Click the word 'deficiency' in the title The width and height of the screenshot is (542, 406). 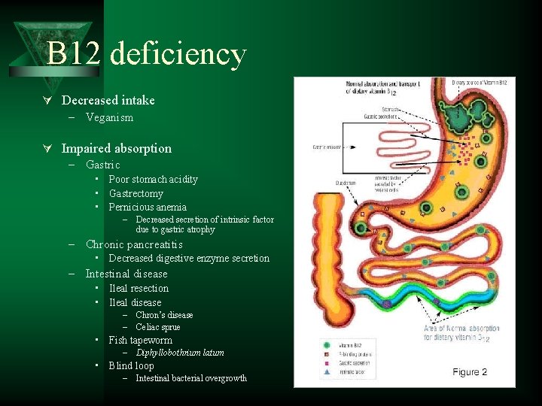pyautogui.click(x=178, y=54)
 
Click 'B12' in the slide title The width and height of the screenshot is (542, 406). pyautogui.click(x=73, y=54)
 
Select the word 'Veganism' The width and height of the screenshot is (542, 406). pyautogui.click(x=109, y=117)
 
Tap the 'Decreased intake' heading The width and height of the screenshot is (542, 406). pyautogui.click(x=108, y=100)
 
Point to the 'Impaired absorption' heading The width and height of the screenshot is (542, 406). pyautogui.click(x=116, y=148)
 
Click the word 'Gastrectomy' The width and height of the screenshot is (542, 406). pyautogui.click(x=135, y=193)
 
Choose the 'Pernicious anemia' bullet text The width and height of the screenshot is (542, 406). pyautogui.click(x=148, y=207)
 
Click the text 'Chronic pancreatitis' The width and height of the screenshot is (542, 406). pyautogui.click(x=134, y=244)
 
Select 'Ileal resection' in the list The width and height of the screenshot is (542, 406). pyautogui.click(x=139, y=288)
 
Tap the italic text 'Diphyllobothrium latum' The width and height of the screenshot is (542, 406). pyautogui.click(x=180, y=353)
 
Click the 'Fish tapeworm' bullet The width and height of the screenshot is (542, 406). pyautogui.click(x=140, y=340)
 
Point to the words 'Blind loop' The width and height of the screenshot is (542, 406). pyautogui.click(x=131, y=365)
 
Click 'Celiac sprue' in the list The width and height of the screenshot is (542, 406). pyautogui.click(x=158, y=327)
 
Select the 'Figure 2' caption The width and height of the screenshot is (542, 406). pyautogui.click(x=470, y=372)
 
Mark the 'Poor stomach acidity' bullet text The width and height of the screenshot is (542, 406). pyautogui.click(x=153, y=179)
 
